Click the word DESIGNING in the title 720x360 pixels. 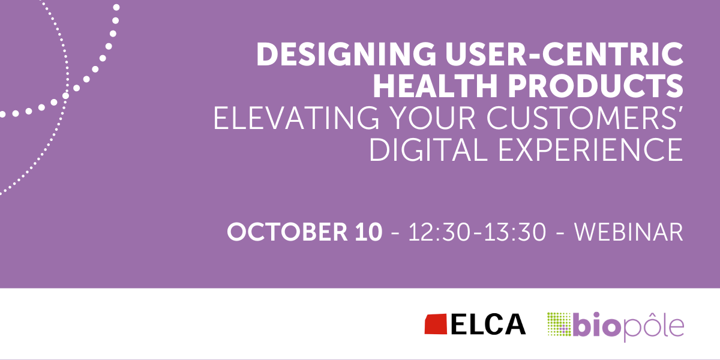tap(346, 54)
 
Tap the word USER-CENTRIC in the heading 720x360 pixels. tap(565, 54)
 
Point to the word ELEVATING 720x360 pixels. tap(296, 118)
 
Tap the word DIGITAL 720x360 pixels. tap(429, 150)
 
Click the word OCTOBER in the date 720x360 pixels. tap(287, 232)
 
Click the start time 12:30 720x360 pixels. tap(439, 232)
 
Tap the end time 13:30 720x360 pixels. tap(515, 232)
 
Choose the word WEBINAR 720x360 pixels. tap(629, 232)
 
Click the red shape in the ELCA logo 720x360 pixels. tap(436, 324)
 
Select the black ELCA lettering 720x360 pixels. tap(488, 324)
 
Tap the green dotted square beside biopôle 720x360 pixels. tap(559, 325)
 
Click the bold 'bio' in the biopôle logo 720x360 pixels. tap(597, 325)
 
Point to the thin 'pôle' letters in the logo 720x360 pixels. tap(653, 326)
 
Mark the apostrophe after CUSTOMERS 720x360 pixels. tap(681, 110)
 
